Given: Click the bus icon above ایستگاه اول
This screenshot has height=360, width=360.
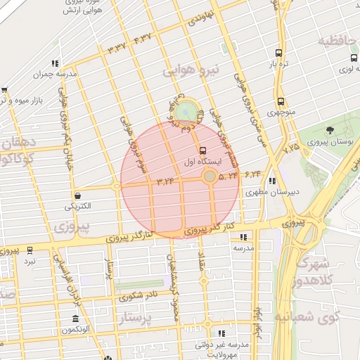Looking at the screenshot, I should coord(203,150).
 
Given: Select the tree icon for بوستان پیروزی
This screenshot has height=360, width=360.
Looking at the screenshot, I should coord(330,130).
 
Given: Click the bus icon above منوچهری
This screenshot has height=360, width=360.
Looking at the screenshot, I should coord(281,102).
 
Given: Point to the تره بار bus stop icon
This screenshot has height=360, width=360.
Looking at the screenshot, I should coord(279,53).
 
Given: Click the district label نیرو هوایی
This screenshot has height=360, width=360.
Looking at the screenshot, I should coord(191,70).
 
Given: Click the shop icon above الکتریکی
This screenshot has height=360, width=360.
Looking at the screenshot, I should coord(76,195).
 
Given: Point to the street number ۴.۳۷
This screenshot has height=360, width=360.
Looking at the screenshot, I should coord(143,37).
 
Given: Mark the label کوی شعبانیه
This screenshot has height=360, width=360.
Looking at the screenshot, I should coord(319,318).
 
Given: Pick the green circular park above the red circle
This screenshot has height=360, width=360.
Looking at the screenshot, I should coord(186,111).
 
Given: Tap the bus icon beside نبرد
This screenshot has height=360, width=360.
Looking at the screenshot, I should coord(30,250).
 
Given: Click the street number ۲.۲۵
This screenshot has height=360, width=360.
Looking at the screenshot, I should coord(291,148).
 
